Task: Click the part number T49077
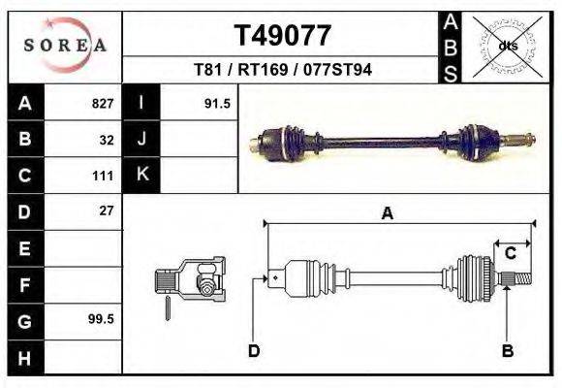(x=283, y=36)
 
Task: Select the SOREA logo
(x=64, y=45)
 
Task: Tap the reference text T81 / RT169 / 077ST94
(x=283, y=70)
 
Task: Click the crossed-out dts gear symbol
(x=506, y=45)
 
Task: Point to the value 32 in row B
(x=107, y=140)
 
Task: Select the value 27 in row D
(x=107, y=211)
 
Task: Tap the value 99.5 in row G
(x=101, y=319)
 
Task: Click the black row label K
(x=141, y=176)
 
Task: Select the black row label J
(x=141, y=140)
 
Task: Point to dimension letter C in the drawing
(x=509, y=253)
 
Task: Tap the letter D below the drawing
(x=254, y=351)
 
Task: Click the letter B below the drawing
(x=507, y=351)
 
